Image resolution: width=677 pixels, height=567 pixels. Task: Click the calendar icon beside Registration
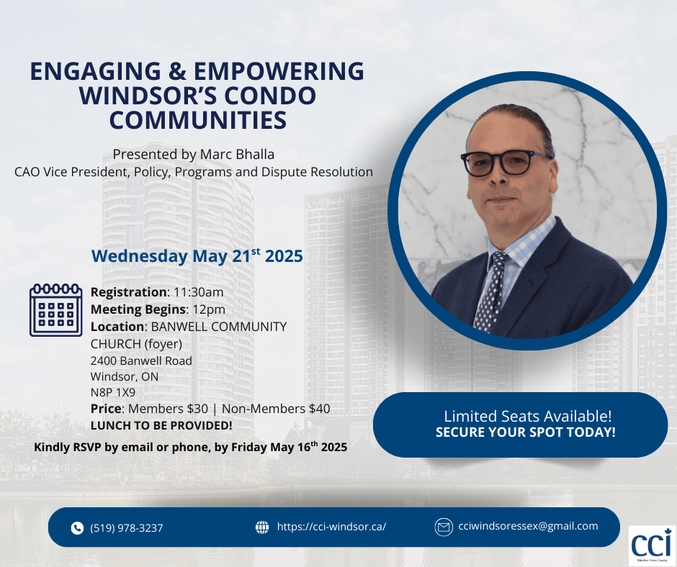(x=55, y=310)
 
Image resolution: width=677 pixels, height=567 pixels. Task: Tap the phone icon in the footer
(x=77, y=527)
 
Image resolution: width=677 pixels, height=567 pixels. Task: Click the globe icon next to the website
(x=262, y=527)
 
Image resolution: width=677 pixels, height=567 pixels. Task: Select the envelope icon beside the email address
(x=444, y=527)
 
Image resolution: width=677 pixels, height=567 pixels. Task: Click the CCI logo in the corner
(x=652, y=545)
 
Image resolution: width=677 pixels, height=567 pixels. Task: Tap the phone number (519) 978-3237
(x=127, y=527)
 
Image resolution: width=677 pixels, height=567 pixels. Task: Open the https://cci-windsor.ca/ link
(x=331, y=527)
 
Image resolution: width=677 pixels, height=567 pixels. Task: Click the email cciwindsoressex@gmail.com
(x=528, y=526)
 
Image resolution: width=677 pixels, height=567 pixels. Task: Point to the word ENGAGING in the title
(x=95, y=71)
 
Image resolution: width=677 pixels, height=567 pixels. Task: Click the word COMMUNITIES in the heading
(x=198, y=120)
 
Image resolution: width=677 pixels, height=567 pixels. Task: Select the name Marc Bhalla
(x=238, y=154)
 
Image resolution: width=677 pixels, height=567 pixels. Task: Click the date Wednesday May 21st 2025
(x=197, y=255)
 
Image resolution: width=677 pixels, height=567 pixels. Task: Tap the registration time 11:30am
(x=199, y=292)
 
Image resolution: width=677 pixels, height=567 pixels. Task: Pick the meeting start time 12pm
(x=209, y=309)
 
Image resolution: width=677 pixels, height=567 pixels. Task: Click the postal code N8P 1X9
(x=112, y=392)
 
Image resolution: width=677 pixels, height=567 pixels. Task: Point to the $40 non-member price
(x=320, y=409)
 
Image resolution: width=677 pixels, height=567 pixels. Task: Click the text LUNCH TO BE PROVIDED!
(x=161, y=425)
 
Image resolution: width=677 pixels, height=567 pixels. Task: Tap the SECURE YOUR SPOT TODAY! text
(x=526, y=432)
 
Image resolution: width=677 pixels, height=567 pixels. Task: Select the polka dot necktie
(x=492, y=291)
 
